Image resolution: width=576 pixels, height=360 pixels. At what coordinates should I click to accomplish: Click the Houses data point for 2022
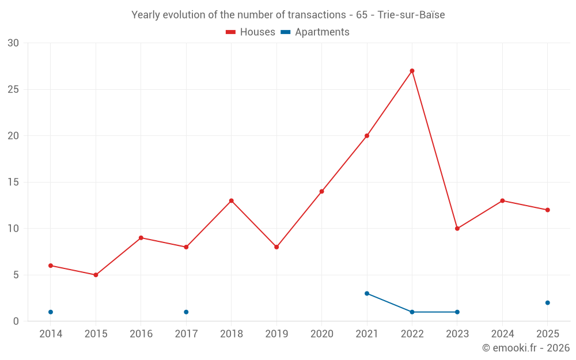point(412,71)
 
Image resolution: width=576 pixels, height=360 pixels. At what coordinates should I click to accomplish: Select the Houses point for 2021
point(367,136)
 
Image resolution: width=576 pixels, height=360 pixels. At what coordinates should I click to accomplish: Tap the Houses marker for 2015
point(96,275)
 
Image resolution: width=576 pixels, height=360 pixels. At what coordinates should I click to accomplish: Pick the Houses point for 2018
point(231,201)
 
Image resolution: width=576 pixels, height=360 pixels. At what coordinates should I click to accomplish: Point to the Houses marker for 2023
point(457,229)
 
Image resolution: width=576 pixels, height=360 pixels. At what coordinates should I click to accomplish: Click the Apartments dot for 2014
point(51,312)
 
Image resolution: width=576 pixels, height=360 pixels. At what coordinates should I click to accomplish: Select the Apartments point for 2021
point(367,293)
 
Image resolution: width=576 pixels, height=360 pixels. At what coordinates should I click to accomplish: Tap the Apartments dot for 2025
point(548,303)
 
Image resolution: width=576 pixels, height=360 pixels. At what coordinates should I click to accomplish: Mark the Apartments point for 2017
point(186,312)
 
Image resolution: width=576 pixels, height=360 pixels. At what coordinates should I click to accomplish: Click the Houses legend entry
point(250,32)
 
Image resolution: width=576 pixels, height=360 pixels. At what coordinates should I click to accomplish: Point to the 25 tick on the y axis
point(13,90)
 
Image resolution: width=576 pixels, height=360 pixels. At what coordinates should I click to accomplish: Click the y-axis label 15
point(13,183)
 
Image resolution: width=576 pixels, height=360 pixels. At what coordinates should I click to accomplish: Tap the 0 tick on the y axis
point(16,321)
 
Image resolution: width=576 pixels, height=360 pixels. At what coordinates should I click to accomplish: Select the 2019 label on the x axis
point(276,334)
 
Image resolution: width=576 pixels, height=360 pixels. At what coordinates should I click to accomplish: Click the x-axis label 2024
point(502,334)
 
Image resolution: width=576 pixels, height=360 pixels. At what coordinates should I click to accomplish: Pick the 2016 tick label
point(141,334)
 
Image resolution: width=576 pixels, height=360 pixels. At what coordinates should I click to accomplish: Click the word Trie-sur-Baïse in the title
point(411,15)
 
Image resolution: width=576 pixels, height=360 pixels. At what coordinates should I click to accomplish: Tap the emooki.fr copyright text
point(526,348)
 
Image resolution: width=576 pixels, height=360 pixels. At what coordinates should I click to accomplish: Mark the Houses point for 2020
point(321,191)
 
